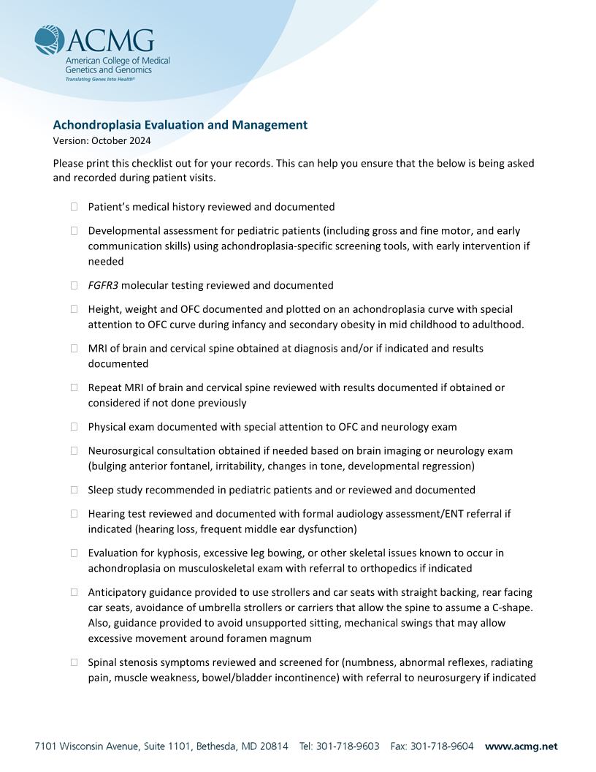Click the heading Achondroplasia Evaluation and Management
180,125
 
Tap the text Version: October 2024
102,140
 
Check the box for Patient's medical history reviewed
74,207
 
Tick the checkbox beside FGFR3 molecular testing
74,285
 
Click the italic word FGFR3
103,285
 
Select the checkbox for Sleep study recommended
74,490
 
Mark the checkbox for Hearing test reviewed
74,514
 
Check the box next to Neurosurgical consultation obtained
74,451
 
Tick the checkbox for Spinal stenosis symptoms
74,662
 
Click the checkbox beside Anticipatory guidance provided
74,592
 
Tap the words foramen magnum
277,638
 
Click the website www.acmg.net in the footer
521,746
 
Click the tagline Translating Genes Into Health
100,78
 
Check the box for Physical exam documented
74,427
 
